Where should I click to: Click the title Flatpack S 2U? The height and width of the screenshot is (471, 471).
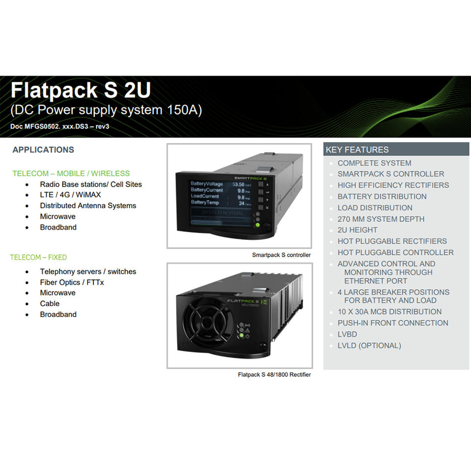(x=80, y=91)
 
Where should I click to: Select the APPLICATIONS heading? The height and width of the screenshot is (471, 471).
(x=43, y=150)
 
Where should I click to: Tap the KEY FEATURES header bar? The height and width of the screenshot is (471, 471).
(x=396, y=150)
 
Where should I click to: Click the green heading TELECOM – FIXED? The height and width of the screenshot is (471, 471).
(x=38, y=257)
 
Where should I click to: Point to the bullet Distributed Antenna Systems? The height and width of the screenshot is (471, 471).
(x=88, y=206)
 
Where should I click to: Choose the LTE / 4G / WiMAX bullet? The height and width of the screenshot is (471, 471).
(x=70, y=195)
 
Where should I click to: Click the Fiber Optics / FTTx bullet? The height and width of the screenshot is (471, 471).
(x=72, y=282)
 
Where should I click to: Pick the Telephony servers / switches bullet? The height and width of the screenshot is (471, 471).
(x=88, y=271)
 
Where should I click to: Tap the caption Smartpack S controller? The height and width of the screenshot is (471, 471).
(x=281, y=255)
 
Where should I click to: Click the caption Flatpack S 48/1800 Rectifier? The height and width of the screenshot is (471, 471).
(x=274, y=374)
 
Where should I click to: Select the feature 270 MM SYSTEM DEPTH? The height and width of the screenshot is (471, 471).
(x=381, y=219)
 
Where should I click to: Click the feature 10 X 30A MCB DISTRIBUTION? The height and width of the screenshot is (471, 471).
(x=389, y=312)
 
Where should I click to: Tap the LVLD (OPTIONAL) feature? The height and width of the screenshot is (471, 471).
(x=369, y=345)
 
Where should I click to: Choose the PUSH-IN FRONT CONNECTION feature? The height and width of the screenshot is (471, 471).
(x=392, y=323)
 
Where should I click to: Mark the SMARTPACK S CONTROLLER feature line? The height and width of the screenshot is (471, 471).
(x=391, y=174)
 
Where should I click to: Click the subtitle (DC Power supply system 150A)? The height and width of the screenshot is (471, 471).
(x=106, y=110)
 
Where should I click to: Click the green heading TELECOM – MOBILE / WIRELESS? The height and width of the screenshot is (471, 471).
(x=71, y=173)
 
